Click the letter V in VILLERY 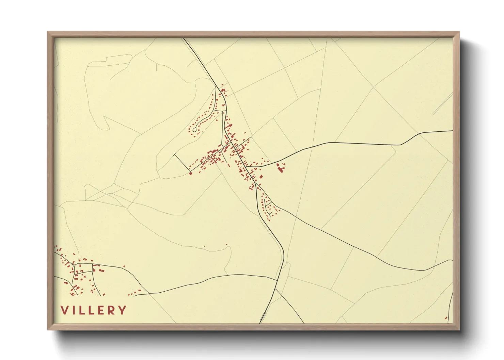[64, 310]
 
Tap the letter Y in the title [122, 310]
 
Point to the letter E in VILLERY [100, 310]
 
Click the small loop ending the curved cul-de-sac [194, 130]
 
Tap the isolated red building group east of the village [281, 167]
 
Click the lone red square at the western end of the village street [191, 173]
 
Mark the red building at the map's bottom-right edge [446, 318]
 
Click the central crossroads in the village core [233, 146]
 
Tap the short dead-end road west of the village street [182, 162]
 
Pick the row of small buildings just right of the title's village [134, 292]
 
